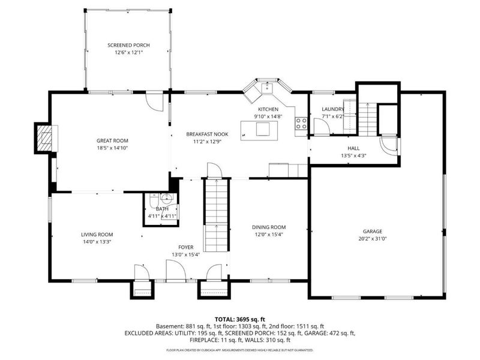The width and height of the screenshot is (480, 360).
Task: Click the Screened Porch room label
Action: click(128, 46)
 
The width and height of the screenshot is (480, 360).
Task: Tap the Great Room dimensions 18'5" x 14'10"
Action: click(112, 148)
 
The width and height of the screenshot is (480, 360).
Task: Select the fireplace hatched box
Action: click(43, 138)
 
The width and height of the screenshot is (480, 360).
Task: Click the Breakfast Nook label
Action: click(207, 134)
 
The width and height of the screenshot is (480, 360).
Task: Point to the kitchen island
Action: click(259, 131)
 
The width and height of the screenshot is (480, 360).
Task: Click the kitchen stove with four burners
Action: click(301, 124)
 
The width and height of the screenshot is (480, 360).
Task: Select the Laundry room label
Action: click(333, 109)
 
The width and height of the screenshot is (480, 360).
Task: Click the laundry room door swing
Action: click(322, 127)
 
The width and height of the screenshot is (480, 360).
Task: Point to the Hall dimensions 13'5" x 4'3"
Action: click(353, 155)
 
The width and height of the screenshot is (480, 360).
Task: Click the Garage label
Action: click(373, 232)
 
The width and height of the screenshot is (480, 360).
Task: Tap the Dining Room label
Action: click(269, 227)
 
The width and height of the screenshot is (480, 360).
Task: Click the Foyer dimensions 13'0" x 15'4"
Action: click(186, 254)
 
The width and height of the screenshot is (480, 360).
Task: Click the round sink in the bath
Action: click(167, 199)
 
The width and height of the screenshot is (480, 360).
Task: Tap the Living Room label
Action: click(97, 235)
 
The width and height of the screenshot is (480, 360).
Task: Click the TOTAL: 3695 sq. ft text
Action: click(240, 320)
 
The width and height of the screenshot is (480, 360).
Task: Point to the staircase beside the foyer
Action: click(217, 215)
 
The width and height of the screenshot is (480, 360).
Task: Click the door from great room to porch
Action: click(154, 101)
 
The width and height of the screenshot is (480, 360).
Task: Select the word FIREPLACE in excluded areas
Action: click(203, 340)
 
